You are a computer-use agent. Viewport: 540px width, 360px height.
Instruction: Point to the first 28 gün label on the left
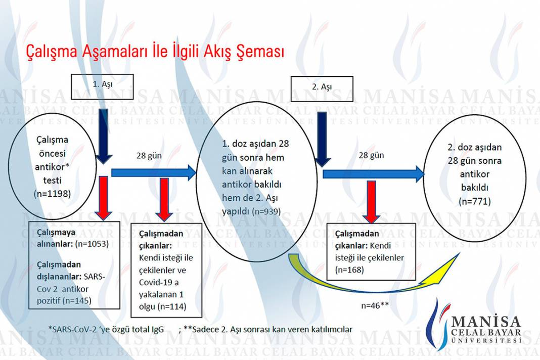(x=149, y=156)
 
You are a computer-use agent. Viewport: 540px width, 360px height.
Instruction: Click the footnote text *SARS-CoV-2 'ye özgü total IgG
(x=106, y=329)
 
